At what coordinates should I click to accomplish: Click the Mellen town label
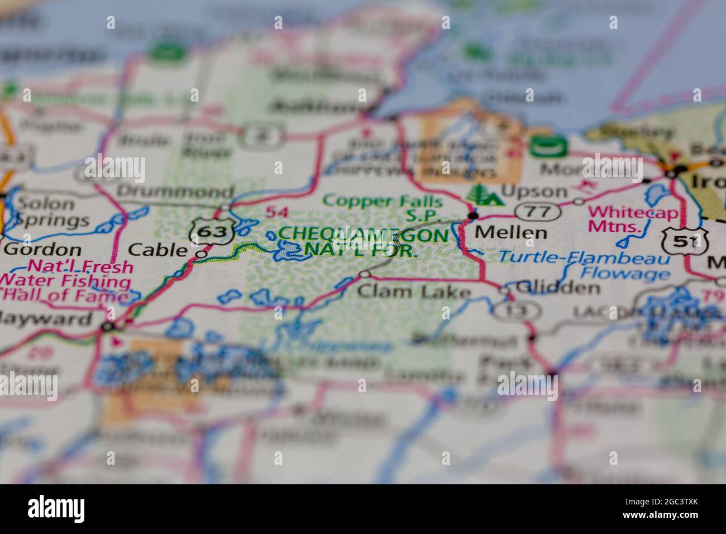coord(510,232)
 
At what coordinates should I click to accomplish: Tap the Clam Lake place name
coord(414,291)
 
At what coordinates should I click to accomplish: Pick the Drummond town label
coord(175,191)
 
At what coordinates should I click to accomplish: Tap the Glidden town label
coord(557,288)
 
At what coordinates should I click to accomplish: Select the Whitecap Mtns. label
coord(633,220)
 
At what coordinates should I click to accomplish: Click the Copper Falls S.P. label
coord(383,207)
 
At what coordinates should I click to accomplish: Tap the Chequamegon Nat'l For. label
coord(363,242)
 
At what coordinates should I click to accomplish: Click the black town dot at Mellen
coord(474,216)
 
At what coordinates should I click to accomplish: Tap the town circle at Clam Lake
coord(364,274)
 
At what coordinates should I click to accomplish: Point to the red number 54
coord(278,212)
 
